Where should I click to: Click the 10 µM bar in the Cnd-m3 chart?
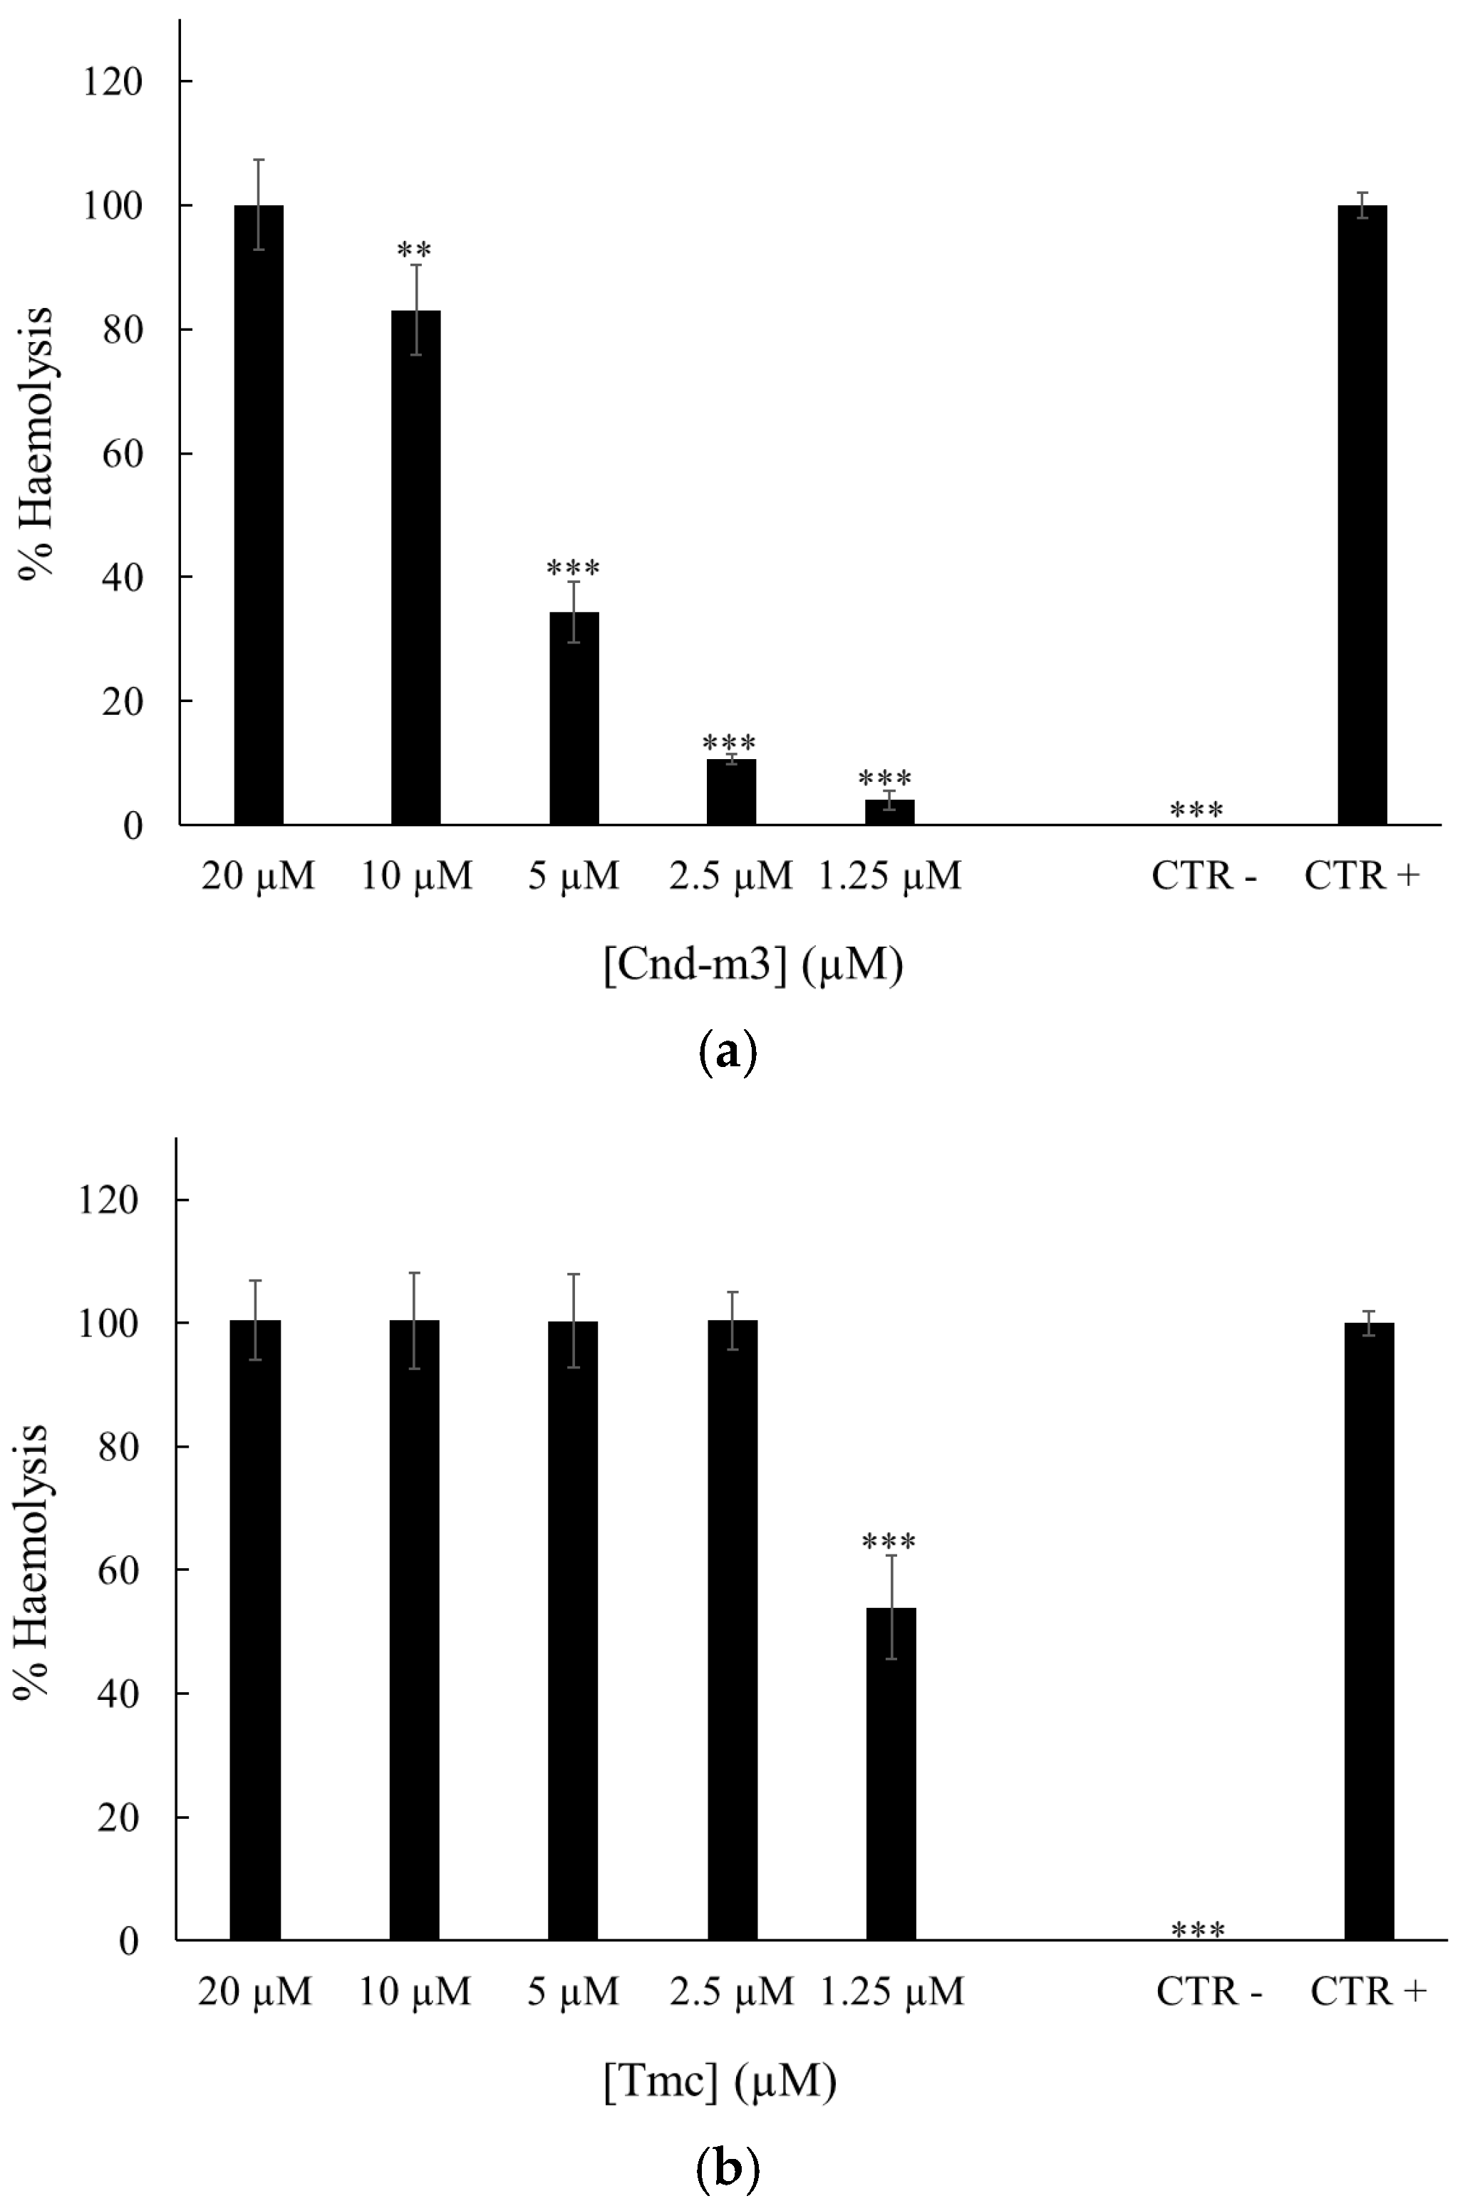pyautogui.click(x=415, y=567)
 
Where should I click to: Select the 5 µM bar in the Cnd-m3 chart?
pyautogui.click(x=574, y=718)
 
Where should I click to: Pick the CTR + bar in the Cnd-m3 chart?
pyautogui.click(x=1362, y=515)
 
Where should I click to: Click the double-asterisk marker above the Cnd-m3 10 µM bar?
pyautogui.click(x=414, y=249)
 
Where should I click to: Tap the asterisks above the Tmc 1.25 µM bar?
pyautogui.click(x=889, y=1541)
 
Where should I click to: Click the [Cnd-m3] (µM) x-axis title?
pyautogui.click(x=753, y=965)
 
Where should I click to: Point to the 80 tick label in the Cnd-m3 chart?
pyautogui.click(x=123, y=330)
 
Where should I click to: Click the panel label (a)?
pyautogui.click(x=728, y=1053)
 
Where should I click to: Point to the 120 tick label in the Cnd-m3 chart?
pyautogui.click(x=112, y=82)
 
